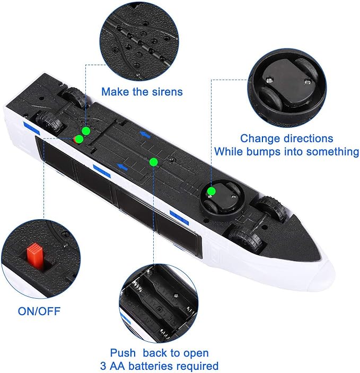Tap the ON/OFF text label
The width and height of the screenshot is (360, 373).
pyautogui.click(x=39, y=311)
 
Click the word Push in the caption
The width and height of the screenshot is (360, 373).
pyautogui.click(x=122, y=353)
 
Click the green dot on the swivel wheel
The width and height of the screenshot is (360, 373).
pyautogui.click(x=211, y=191)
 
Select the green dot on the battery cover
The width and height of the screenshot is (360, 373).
pyautogui.click(x=153, y=162)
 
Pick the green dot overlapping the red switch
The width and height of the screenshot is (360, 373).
pyautogui.click(x=79, y=139)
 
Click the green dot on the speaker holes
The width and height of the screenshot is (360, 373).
pyautogui.click(x=86, y=131)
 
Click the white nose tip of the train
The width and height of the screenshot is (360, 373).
pyautogui.click(x=332, y=274)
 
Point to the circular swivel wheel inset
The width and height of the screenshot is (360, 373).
pyautogui.click(x=287, y=90)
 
